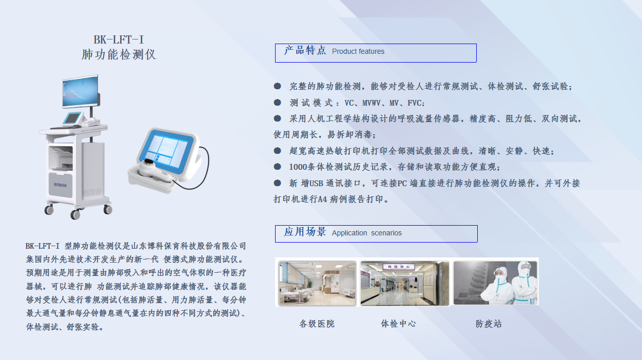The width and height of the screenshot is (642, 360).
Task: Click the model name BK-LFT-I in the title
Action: (119, 39)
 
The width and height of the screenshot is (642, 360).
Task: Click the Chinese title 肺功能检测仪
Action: (119, 54)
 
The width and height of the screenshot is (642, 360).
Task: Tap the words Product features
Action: (358, 52)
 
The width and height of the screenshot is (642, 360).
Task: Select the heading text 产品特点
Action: (305, 50)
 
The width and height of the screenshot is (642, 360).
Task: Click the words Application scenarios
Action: (366, 233)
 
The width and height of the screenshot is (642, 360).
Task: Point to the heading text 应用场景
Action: (305, 232)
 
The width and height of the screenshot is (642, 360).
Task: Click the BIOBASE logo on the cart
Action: (60, 185)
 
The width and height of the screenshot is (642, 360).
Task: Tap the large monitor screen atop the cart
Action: (81, 91)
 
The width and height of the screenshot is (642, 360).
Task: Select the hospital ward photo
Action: (317, 283)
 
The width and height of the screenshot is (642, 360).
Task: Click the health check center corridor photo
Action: (405, 283)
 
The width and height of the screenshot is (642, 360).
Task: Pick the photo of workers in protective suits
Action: (495, 283)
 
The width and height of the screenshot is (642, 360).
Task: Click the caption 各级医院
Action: (317, 324)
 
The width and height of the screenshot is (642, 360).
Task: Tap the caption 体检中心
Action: (398, 324)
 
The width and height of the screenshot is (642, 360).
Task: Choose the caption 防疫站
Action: (489, 324)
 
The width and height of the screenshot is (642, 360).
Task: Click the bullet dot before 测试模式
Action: (277, 102)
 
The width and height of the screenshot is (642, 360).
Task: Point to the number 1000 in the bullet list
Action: (298, 167)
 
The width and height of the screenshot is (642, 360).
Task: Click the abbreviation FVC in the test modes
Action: (415, 103)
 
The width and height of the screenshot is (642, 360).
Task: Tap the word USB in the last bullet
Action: (316, 183)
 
